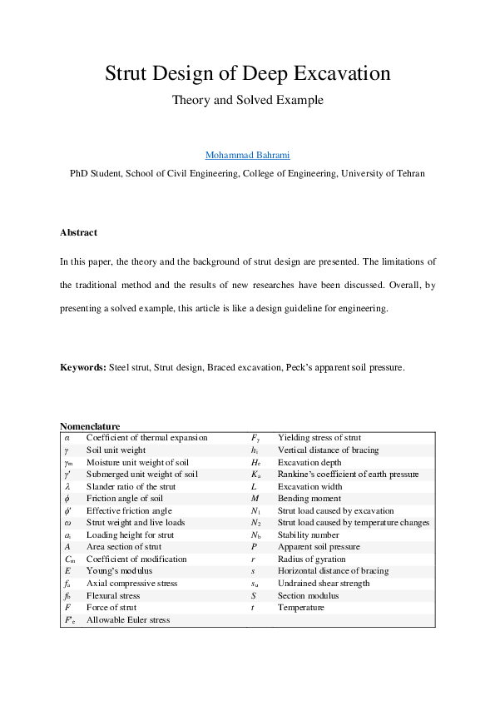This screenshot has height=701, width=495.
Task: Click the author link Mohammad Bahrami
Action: [247, 156]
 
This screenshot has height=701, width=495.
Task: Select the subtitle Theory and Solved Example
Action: [247, 100]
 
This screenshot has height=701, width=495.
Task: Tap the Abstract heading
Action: [78, 232]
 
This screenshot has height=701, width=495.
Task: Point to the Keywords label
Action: [82, 367]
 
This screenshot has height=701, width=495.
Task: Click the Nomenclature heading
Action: [90, 426]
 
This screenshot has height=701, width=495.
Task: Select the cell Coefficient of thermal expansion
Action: [146, 438]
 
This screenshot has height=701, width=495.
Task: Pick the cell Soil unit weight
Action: [116, 450]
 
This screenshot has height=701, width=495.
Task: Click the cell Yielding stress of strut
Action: [319, 438]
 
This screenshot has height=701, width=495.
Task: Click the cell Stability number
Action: [308, 535]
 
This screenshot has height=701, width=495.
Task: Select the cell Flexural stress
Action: [115, 596]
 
